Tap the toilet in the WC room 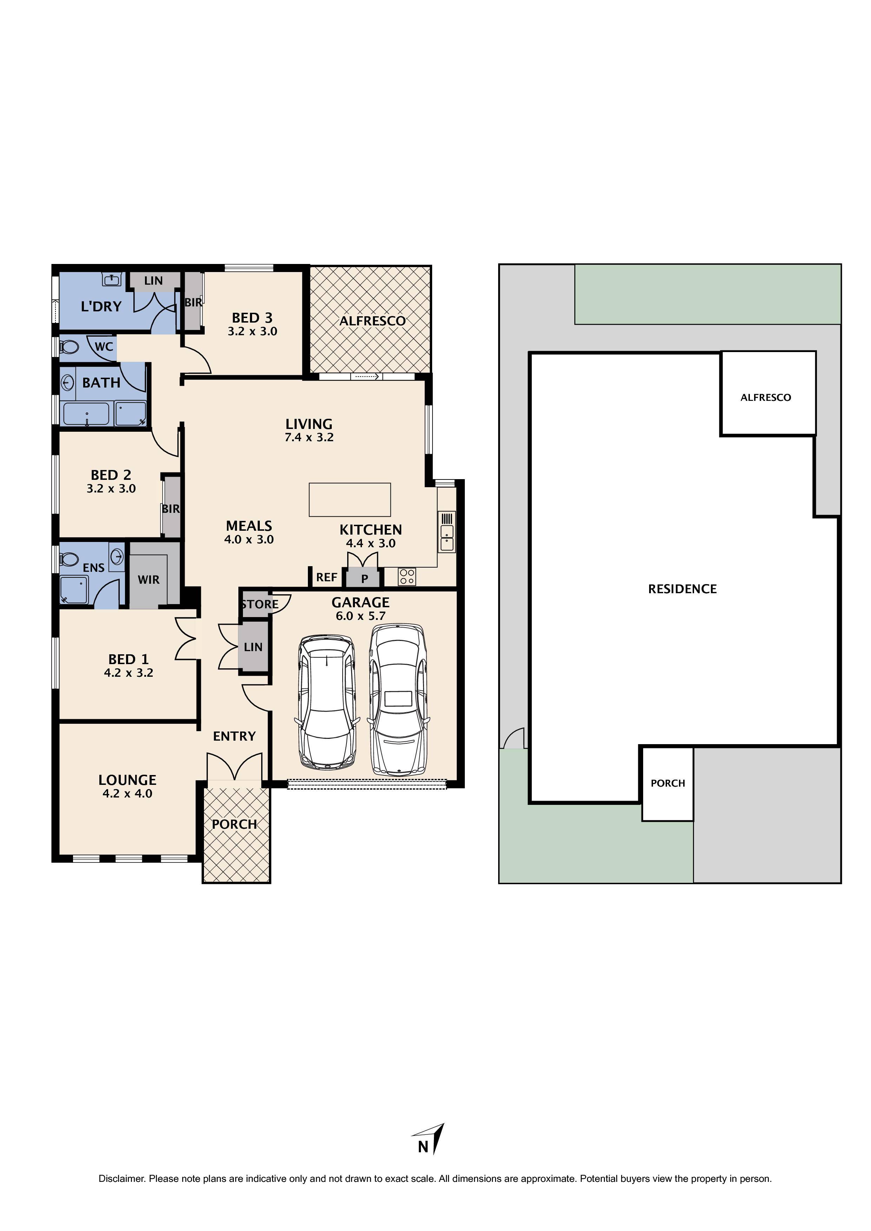pyautogui.click(x=69, y=347)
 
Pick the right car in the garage pyautogui.click(x=398, y=699)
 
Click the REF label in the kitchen pyautogui.click(x=326, y=577)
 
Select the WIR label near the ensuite pyautogui.click(x=149, y=580)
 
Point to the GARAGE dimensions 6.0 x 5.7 pyautogui.click(x=361, y=616)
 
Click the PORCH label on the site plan pyautogui.click(x=668, y=783)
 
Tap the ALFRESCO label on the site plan pyautogui.click(x=765, y=397)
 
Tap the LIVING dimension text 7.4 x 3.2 pyautogui.click(x=309, y=437)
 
